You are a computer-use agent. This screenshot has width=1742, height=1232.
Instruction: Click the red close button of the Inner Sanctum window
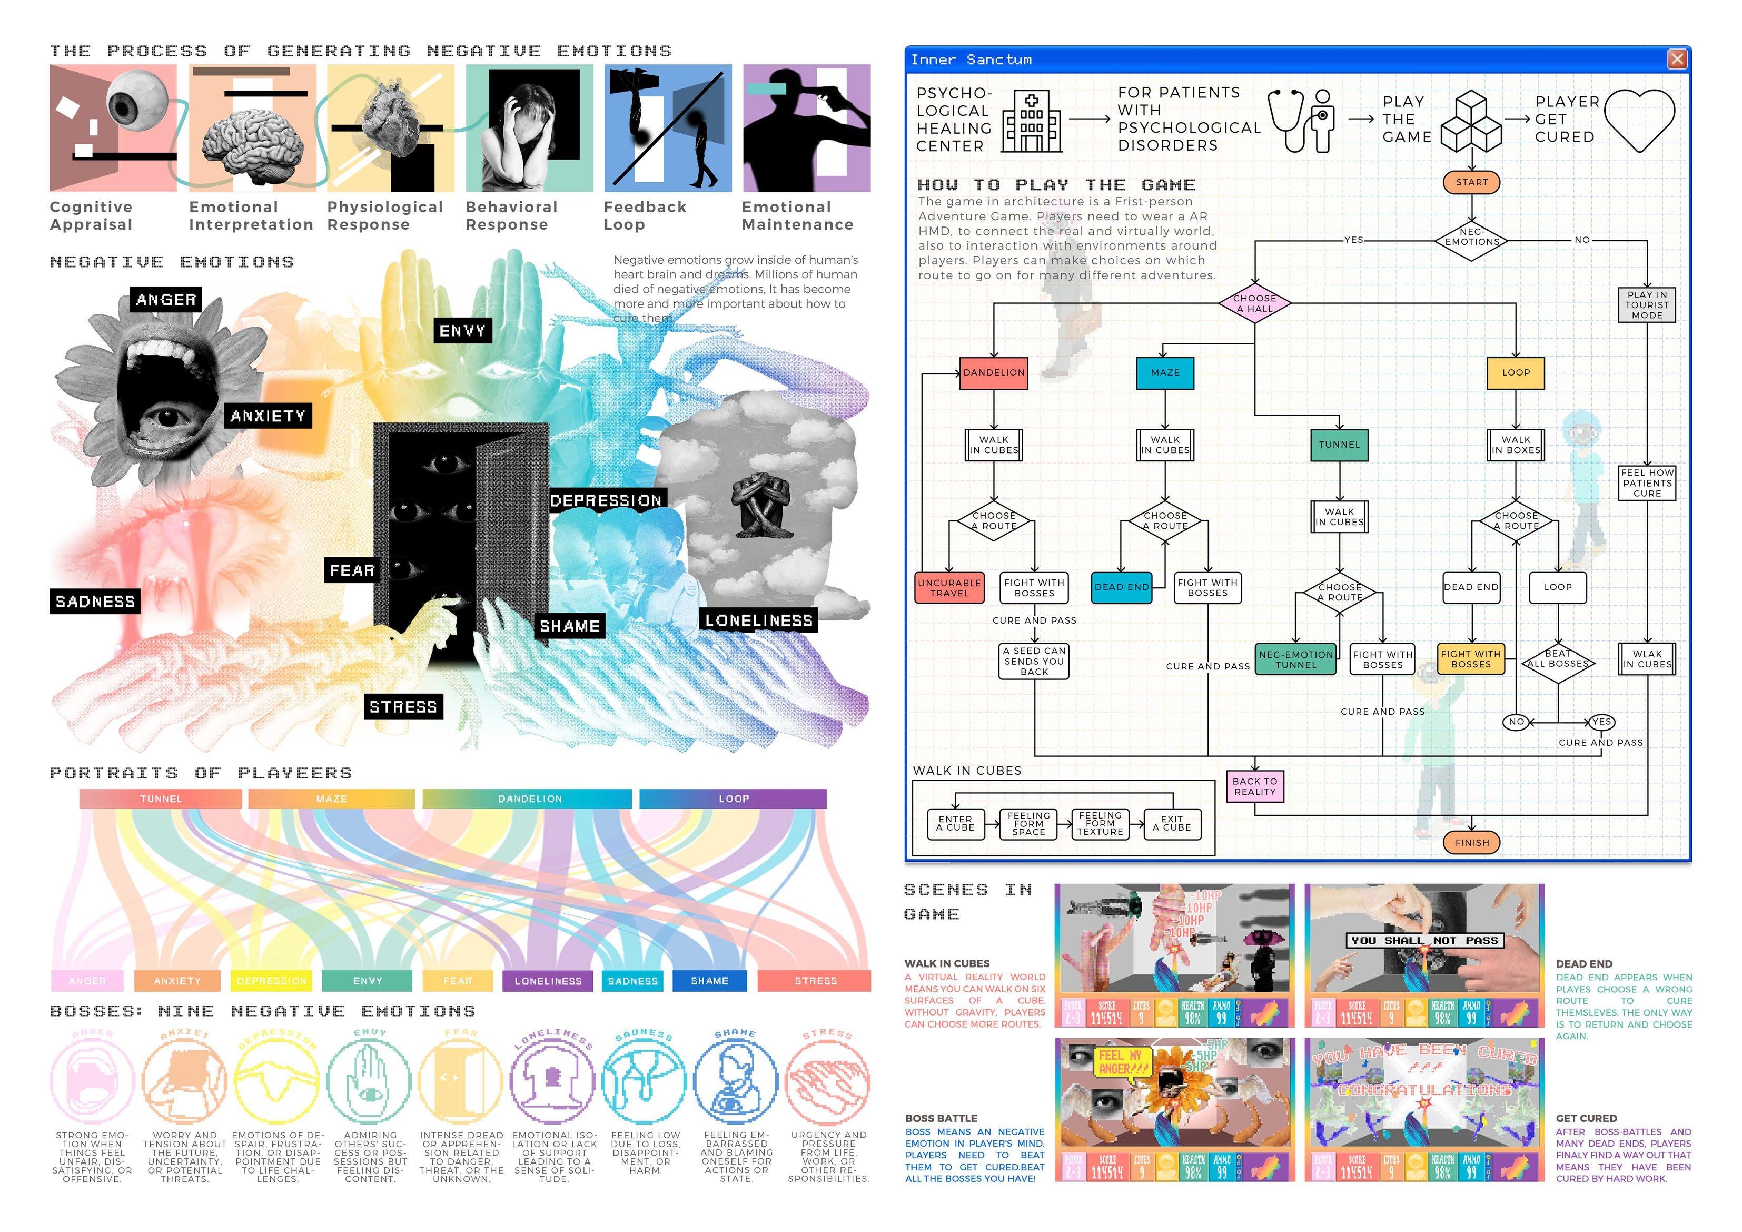[x=1676, y=59]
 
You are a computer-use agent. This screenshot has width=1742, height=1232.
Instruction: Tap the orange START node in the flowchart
[x=1471, y=182]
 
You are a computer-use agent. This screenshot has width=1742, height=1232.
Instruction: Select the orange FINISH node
[x=1471, y=843]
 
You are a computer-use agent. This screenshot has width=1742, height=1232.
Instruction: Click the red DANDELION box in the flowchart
[x=993, y=373]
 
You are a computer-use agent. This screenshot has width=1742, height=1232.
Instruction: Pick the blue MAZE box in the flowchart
[x=1165, y=373]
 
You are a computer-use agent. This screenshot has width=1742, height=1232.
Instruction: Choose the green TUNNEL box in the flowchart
[x=1339, y=445]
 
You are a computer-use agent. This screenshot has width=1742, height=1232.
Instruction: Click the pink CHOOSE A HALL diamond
[x=1254, y=303]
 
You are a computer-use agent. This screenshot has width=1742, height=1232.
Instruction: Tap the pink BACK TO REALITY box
[x=1254, y=786]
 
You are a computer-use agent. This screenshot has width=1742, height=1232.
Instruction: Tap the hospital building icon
[x=1031, y=122]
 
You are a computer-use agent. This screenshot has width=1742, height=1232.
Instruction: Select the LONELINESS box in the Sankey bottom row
[x=548, y=981]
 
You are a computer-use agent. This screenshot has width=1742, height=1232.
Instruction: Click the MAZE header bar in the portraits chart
[x=332, y=799]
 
